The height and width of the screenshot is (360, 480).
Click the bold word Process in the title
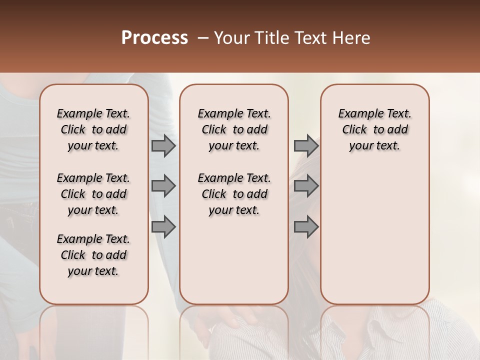(x=154, y=38)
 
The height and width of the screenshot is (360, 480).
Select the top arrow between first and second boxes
(x=163, y=146)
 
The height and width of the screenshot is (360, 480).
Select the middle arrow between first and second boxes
(x=163, y=186)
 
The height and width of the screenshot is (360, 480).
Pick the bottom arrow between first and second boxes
(x=163, y=227)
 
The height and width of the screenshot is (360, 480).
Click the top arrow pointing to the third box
(x=306, y=146)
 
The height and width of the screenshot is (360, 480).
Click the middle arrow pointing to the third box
(x=306, y=186)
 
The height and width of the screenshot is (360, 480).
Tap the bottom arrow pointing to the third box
(x=306, y=227)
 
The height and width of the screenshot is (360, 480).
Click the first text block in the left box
(x=93, y=129)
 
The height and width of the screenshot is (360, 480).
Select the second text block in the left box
(x=93, y=194)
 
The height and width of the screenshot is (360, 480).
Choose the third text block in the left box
(x=93, y=255)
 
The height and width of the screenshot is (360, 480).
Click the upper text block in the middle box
(x=234, y=129)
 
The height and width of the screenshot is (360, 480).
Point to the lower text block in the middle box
(x=234, y=194)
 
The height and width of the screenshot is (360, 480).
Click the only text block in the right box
(x=374, y=129)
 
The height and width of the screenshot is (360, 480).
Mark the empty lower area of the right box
(x=374, y=235)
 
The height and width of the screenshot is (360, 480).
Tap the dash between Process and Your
(x=202, y=38)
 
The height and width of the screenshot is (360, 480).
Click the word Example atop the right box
(x=355, y=113)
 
